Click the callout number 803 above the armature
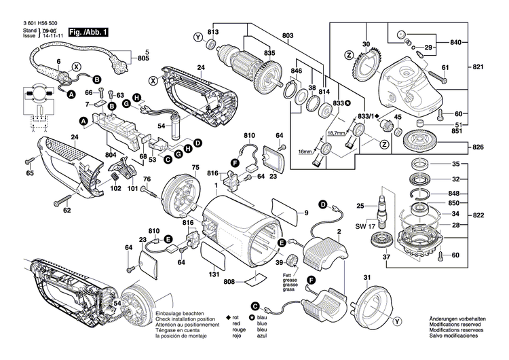point(288,35)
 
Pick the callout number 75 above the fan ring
point(195,167)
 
